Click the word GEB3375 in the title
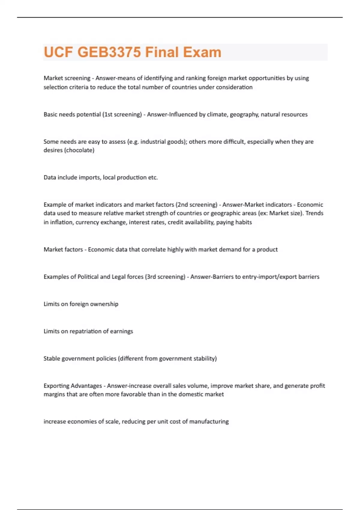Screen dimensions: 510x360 (109, 52)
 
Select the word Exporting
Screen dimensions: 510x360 (58, 385)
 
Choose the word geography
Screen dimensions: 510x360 (244, 114)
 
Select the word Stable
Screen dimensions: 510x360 (52, 358)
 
